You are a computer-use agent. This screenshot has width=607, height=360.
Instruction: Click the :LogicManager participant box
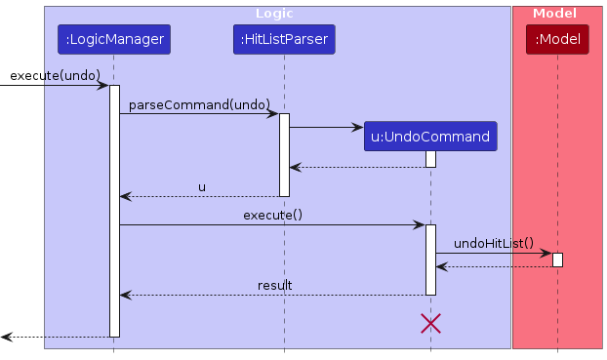113,40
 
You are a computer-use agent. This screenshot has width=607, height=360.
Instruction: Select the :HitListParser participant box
284,40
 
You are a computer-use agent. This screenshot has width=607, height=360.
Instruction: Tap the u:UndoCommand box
429,137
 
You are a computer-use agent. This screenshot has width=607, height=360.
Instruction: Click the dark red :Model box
557,40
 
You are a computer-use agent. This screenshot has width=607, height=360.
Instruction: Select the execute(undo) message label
55,75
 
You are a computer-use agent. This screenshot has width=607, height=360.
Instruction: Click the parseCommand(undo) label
199,103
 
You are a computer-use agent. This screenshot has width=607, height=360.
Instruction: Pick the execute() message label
272,214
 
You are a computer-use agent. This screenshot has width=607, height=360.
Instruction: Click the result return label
274,285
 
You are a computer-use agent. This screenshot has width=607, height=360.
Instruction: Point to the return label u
202,186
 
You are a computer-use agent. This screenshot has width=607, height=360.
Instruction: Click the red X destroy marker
429,324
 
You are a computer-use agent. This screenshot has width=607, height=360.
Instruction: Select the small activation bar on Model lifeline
557,260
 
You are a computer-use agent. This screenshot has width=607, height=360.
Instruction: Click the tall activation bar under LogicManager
113,210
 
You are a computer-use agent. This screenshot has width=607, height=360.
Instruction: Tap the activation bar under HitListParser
284,154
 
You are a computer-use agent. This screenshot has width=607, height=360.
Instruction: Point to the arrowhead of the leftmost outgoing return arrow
6,337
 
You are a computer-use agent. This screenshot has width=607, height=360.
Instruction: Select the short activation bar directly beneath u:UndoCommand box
429,159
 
